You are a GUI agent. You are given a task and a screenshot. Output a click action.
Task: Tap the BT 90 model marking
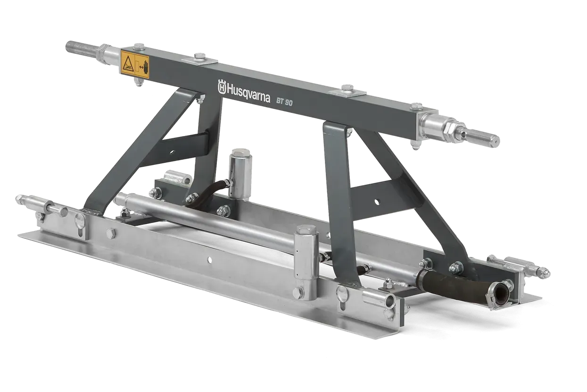coord(284,102)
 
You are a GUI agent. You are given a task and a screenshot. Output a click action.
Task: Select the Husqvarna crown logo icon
coord(222,86)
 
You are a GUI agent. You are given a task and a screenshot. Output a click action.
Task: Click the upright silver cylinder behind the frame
coord(240,172)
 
